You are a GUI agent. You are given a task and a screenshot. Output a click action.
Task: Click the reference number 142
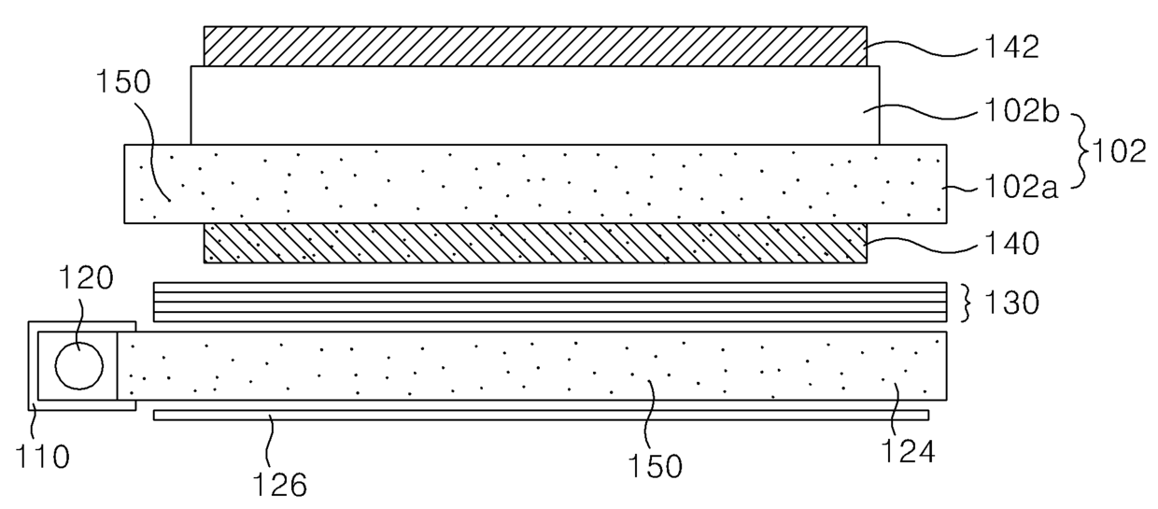[1011, 48]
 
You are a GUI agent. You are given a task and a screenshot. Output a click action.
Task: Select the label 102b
[1022, 112]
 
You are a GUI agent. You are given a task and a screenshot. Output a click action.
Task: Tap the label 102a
[1021, 187]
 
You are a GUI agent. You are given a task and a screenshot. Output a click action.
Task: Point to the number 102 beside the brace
[1118, 151]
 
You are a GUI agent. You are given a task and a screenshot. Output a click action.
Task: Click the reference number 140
[1011, 244]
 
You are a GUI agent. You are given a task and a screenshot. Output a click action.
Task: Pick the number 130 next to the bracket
[1011, 303]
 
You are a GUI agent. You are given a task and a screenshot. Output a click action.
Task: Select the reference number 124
[908, 451]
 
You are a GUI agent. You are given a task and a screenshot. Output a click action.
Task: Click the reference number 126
[279, 485]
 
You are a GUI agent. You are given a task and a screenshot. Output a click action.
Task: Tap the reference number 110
[42, 457]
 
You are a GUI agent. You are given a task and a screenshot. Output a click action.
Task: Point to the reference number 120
[86, 278]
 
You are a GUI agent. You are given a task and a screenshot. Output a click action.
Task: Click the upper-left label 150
[123, 81]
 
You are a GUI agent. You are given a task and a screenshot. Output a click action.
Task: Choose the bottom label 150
[655, 466]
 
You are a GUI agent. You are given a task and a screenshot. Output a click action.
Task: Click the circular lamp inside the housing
[79, 365]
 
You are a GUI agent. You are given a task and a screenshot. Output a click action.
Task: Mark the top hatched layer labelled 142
[535, 47]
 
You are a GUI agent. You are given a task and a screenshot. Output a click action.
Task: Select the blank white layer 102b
[535, 106]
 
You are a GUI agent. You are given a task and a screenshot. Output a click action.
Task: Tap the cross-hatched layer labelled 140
[535, 244]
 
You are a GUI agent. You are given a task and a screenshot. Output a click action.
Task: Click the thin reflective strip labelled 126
[541, 415]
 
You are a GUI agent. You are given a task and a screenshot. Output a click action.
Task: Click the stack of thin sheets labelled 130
[550, 303]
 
